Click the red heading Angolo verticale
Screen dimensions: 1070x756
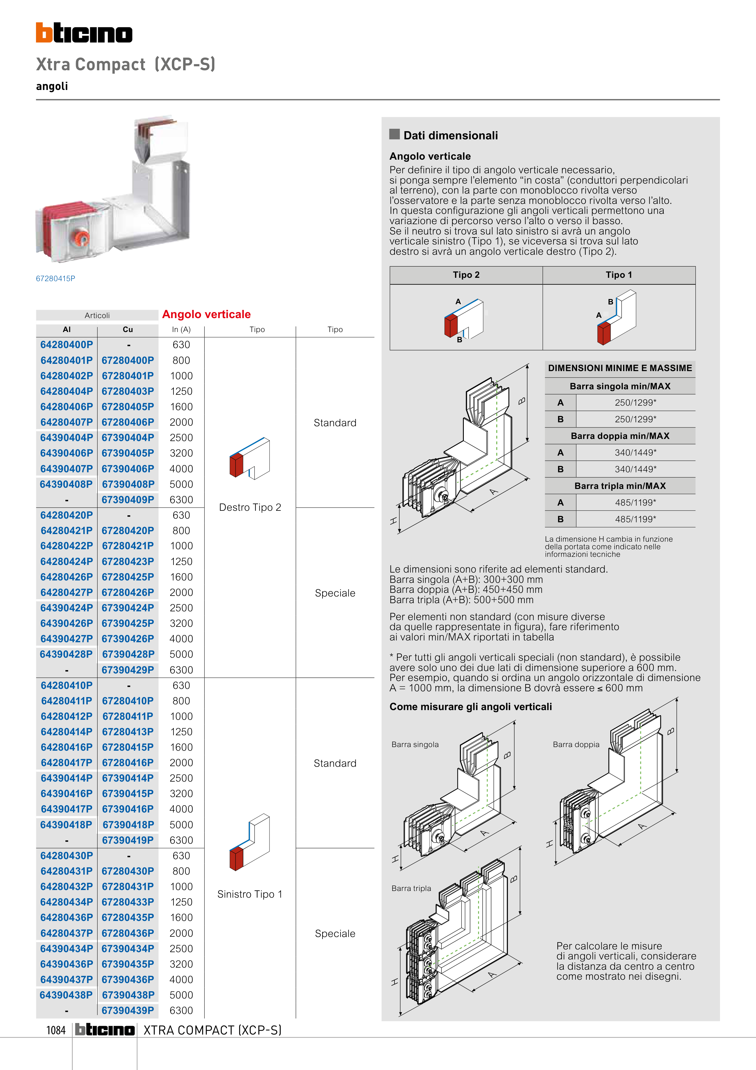(x=206, y=314)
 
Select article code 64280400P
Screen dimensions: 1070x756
(x=67, y=345)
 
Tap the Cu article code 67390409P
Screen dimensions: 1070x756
(x=128, y=500)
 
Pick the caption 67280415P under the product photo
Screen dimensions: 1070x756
(x=55, y=279)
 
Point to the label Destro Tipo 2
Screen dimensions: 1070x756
(x=250, y=507)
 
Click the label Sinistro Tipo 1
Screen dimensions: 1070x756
(x=250, y=894)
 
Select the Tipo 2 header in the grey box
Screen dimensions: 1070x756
(x=466, y=275)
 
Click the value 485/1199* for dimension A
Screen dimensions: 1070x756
(x=636, y=502)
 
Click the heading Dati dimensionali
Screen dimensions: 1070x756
(x=451, y=136)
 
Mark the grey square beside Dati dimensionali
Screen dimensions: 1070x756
(x=395, y=134)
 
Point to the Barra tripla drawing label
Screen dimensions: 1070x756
(x=411, y=888)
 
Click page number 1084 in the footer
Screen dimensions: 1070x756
(x=56, y=1030)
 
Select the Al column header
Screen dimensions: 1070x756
(x=67, y=330)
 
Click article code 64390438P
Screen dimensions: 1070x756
(x=66, y=995)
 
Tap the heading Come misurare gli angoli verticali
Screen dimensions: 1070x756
(x=470, y=707)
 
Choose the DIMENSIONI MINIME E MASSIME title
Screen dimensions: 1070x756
(x=620, y=368)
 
